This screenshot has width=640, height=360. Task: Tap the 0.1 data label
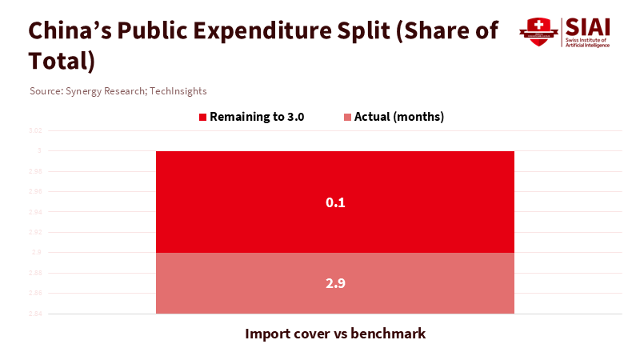coord(334,202)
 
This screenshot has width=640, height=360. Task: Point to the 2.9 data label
coord(334,283)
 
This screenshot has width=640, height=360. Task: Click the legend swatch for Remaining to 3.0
coord(203,117)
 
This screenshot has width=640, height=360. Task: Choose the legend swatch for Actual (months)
coord(348,117)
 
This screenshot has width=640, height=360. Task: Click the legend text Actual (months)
coord(398,117)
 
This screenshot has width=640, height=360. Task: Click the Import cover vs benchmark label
coord(334,334)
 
